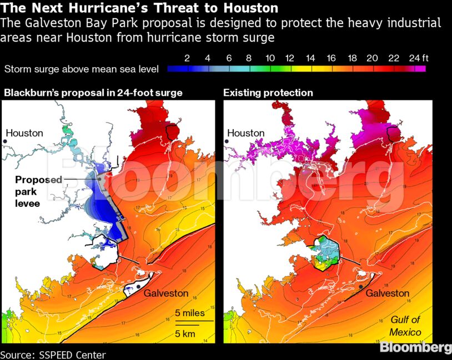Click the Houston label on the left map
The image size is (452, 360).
pyautogui.click(x=24, y=133)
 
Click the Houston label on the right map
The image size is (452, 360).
pyautogui.click(x=245, y=133)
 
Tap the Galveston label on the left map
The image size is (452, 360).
pyautogui.click(x=166, y=293)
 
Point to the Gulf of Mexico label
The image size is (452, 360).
pyautogui.click(x=405, y=326)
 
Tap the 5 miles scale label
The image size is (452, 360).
pyautogui.click(x=190, y=313)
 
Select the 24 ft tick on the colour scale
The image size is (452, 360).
pyautogui.click(x=418, y=58)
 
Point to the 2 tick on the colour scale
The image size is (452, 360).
pyautogui.click(x=187, y=58)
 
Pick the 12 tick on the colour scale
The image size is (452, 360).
pyautogui.click(x=289, y=58)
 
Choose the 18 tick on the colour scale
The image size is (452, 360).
pyautogui.click(x=351, y=58)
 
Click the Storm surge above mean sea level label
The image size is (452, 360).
pyautogui.click(x=82, y=69)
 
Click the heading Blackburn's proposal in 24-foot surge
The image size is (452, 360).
pyautogui.click(x=93, y=93)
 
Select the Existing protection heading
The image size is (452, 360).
pyautogui.click(x=268, y=93)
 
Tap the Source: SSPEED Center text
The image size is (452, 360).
pyautogui.click(x=53, y=354)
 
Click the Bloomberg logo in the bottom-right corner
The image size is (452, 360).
pyautogui.click(x=415, y=348)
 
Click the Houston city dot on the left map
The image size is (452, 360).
pyautogui.click(x=4, y=142)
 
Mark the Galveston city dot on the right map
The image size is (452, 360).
pyautogui.click(x=361, y=287)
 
